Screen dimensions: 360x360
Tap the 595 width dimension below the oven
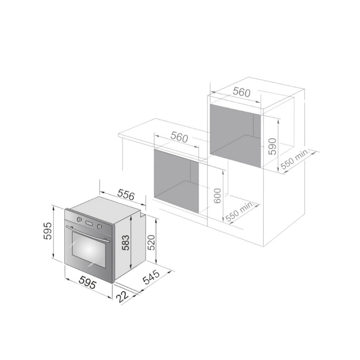(x=87, y=284)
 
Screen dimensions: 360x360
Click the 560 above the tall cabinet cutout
(x=242, y=92)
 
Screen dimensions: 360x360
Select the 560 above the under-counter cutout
(x=179, y=137)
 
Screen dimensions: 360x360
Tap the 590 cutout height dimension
(x=272, y=147)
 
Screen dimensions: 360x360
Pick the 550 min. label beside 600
(x=240, y=212)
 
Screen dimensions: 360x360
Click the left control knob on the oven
(x=79, y=220)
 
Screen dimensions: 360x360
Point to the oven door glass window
(x=88, y=250)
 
